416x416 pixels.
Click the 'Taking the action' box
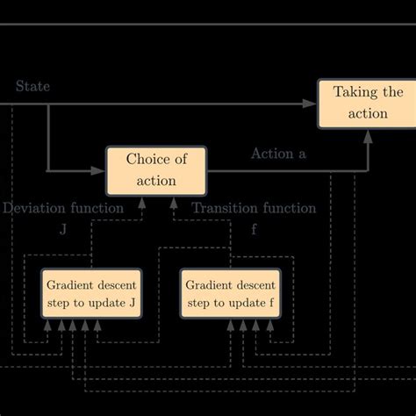pos(367,103)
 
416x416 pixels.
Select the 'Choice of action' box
pos(157,170)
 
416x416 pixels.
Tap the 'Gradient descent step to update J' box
pos(91,294)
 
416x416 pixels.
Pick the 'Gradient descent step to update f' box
pos(231,294)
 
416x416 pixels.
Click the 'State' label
pos(32,86)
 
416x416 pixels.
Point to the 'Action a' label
pos(278,154)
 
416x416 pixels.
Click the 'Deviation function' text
pos(62,208)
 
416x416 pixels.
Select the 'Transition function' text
pos(254,208)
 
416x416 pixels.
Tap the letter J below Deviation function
pos(62,229)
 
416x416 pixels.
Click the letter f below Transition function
pos(254,229)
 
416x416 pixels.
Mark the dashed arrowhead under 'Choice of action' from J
pos(142,203)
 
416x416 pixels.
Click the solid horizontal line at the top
pos(208,24)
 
